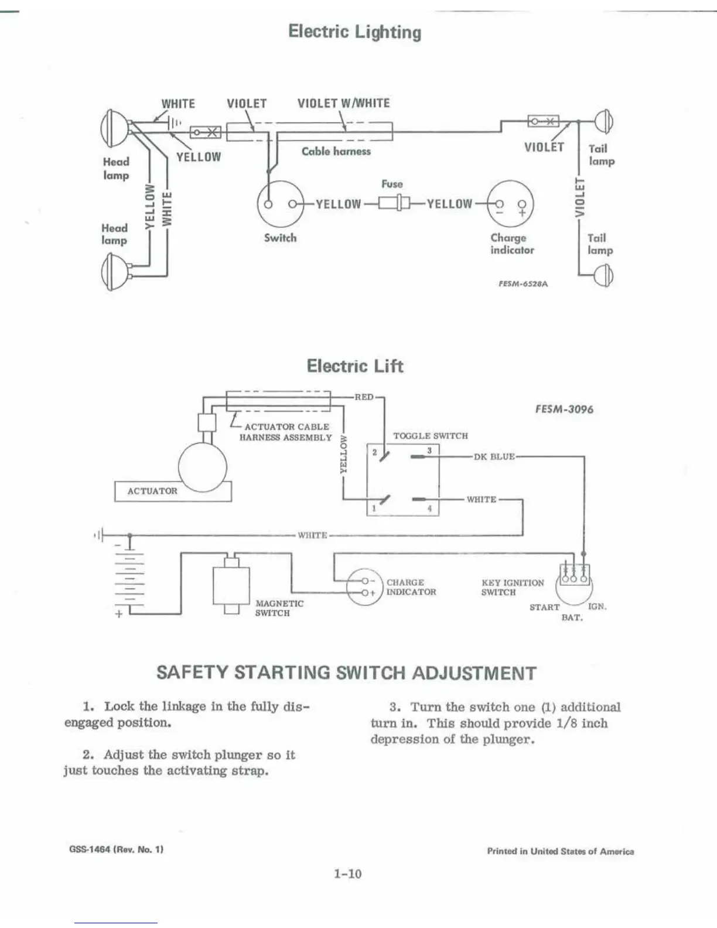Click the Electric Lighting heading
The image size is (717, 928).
[354, 32]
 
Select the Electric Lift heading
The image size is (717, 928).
[355, 366]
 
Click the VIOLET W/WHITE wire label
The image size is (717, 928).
[343, 104]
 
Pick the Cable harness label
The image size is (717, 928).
[336, 151]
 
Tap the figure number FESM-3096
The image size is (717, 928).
[564, 410]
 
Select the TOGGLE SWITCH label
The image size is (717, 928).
[431, 436]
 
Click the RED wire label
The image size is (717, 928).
[364, 397]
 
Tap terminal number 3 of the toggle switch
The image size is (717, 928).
[429, 451]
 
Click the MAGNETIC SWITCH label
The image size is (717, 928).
[279, 608]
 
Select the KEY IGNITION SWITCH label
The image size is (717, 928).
[512, 588]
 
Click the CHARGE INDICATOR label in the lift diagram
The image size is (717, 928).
[411, 587]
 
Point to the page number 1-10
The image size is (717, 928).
[348, 874]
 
